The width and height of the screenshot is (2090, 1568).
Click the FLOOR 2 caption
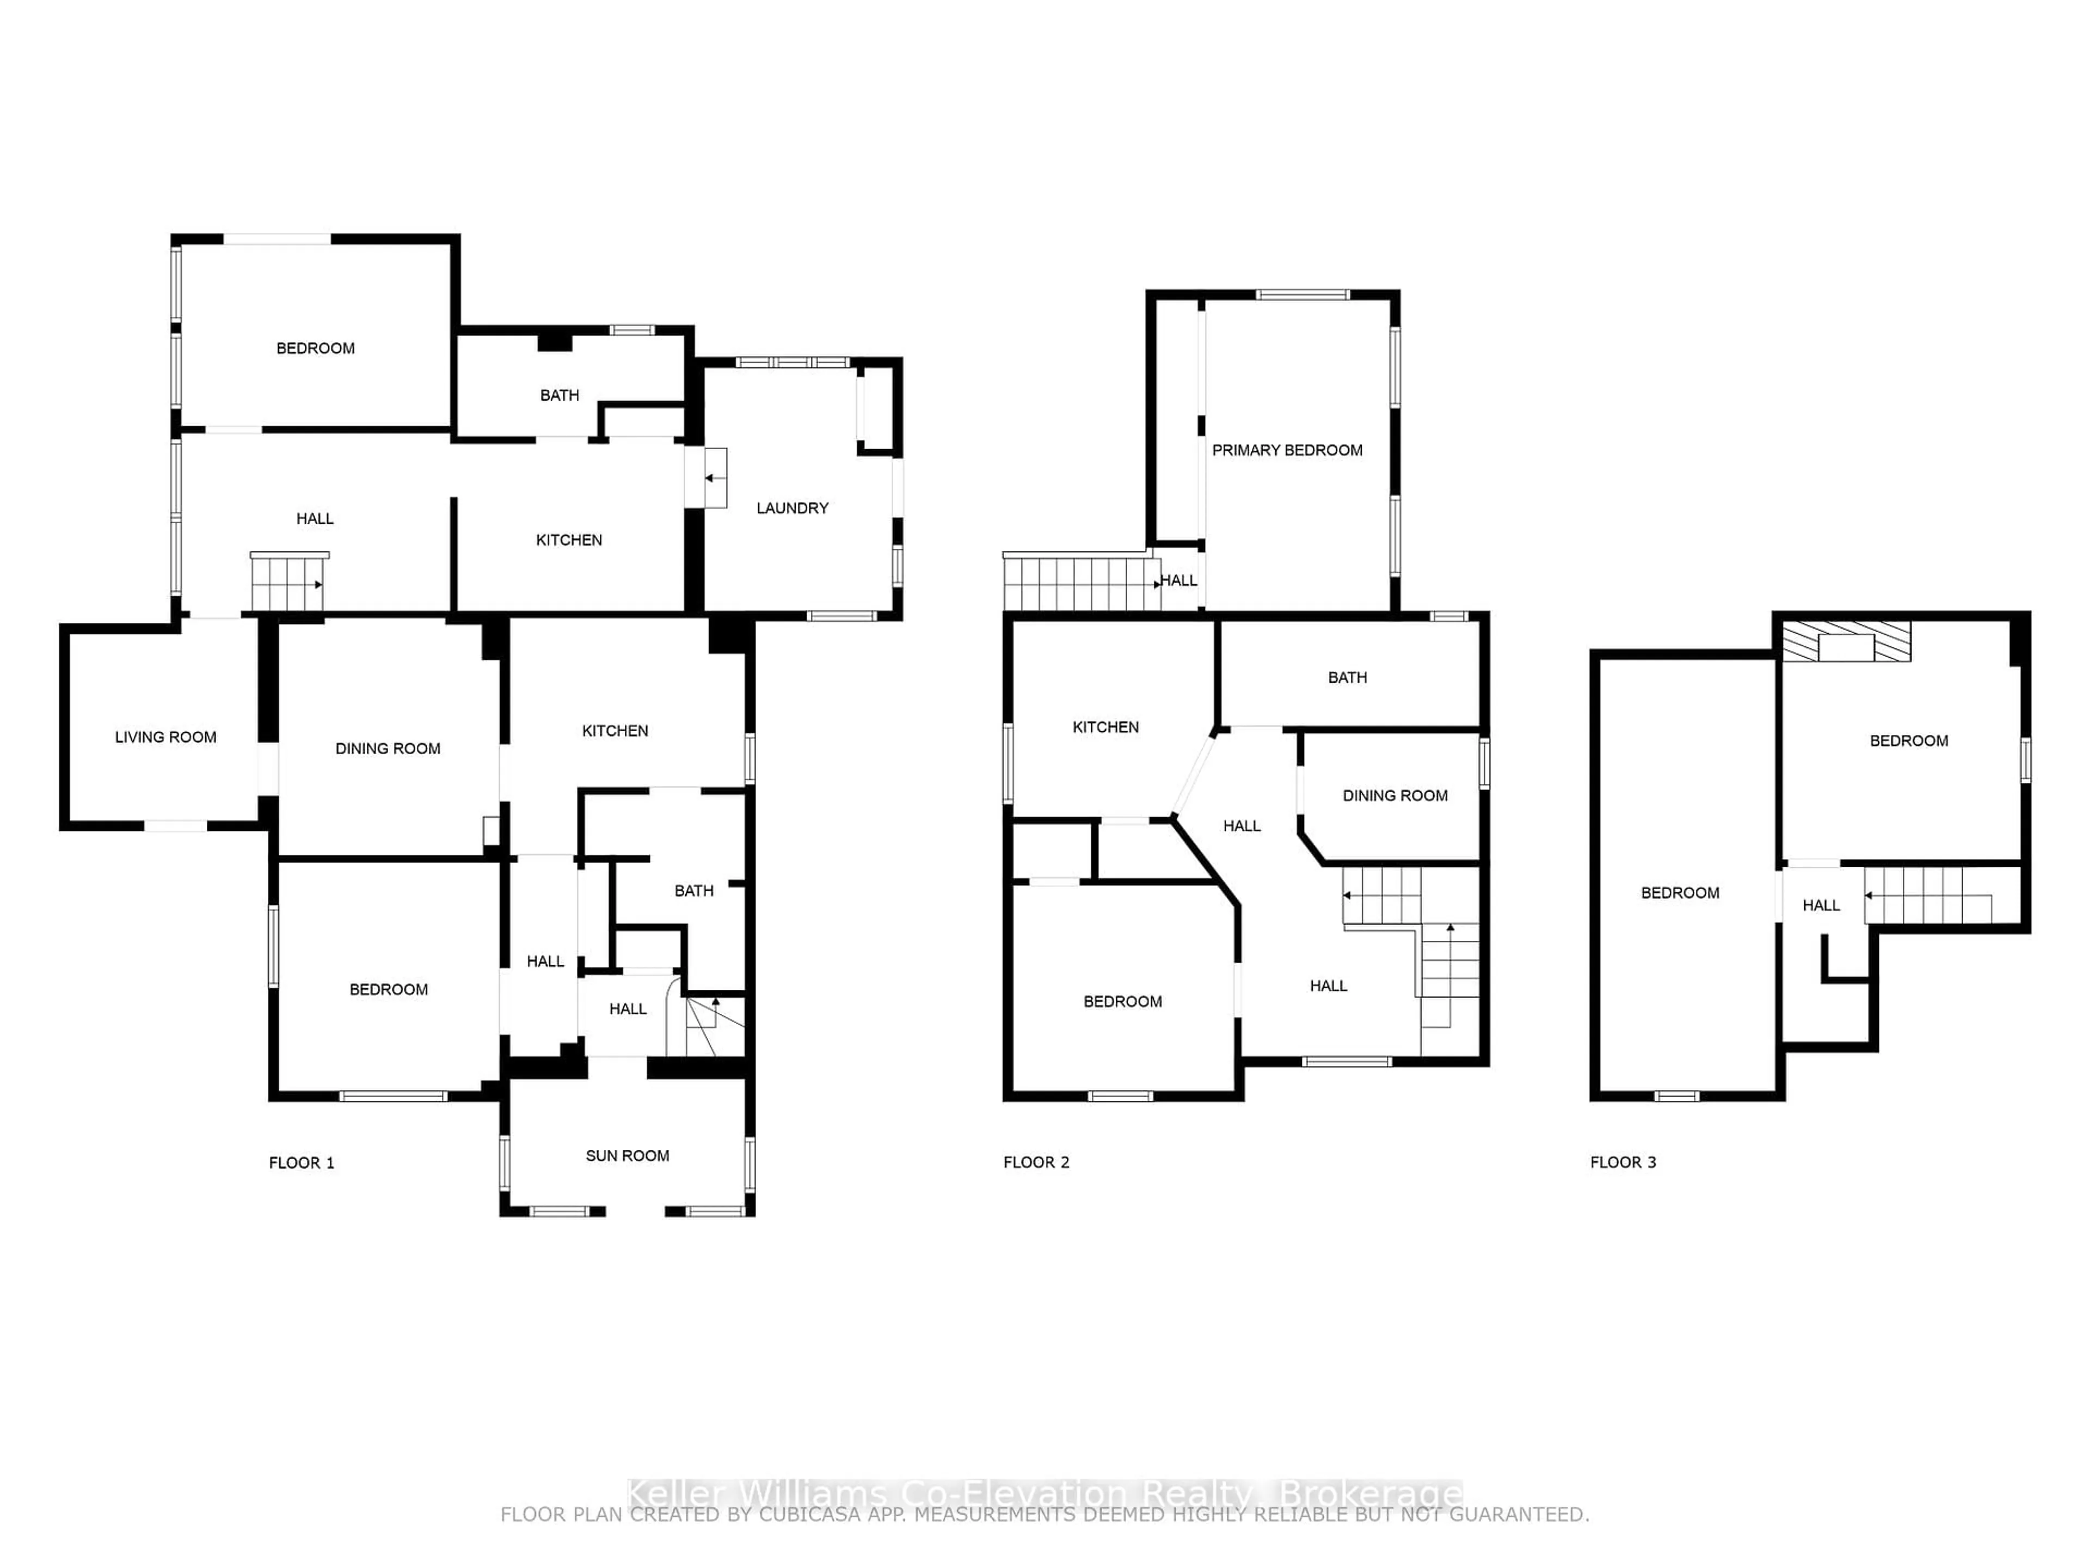pos(1036,1162)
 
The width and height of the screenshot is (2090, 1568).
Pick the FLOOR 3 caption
pos(1622,1162)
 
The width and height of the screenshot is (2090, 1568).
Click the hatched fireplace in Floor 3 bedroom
pos(1846,642)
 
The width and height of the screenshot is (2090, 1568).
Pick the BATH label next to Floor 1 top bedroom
pos(560,396)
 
